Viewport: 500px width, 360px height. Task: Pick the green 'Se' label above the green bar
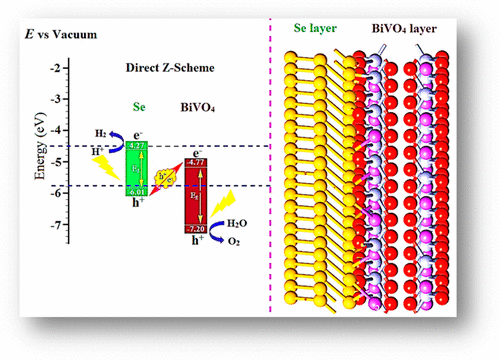139,104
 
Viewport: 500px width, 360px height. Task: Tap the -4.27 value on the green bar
138,146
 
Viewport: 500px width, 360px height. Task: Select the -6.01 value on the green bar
138,193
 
